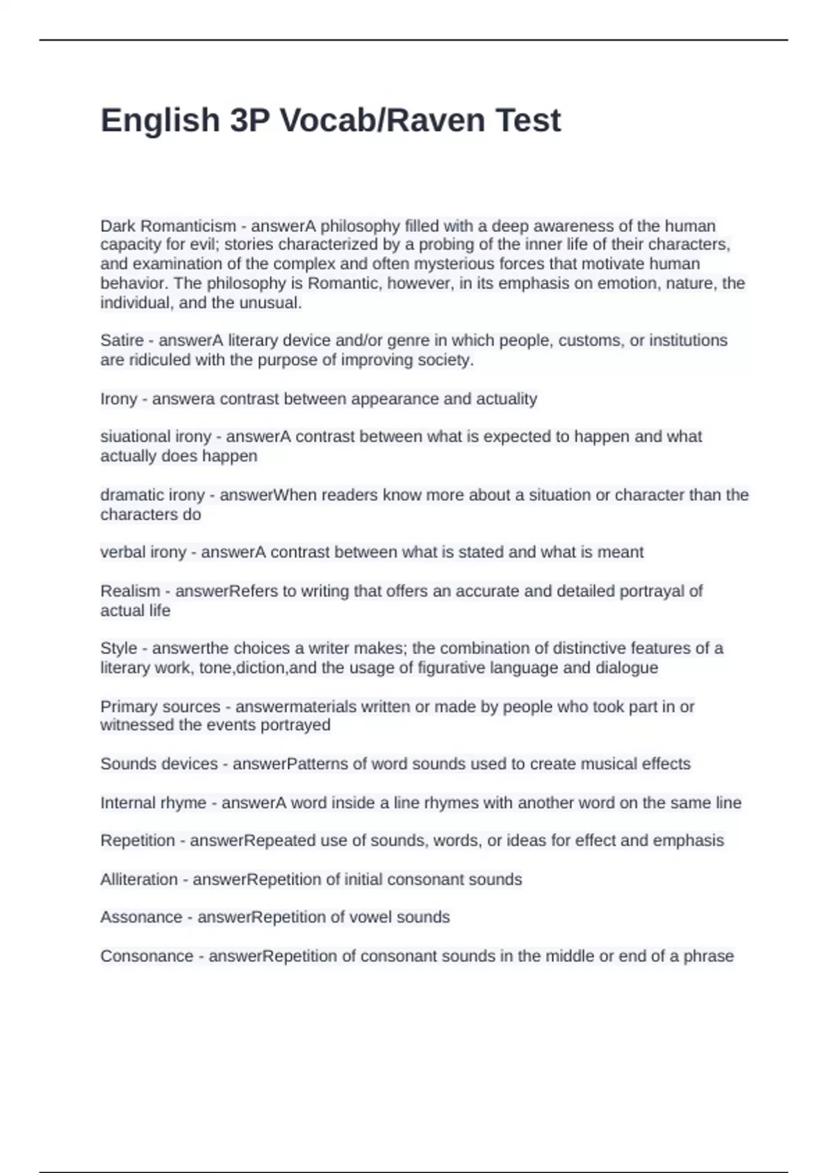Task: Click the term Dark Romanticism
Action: [168, 226]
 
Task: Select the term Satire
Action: [121, 340]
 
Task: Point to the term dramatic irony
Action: [152, 495]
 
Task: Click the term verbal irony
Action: [143, 552]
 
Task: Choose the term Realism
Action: [130, 591]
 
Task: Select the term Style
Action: [118, 648]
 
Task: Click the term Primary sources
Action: [160, 707]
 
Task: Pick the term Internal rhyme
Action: [153, 802]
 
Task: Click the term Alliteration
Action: [139, 879]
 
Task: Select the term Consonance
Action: [146, 956]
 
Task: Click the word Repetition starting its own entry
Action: [137, 840]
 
